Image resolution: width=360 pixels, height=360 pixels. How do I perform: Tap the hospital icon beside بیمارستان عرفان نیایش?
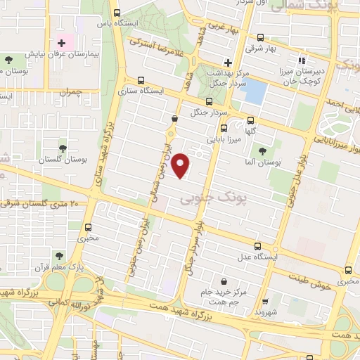coord(62,44)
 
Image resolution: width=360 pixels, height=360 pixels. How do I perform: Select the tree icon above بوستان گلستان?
coord(63,148)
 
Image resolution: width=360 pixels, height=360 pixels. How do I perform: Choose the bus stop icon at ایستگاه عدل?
coord(258,247)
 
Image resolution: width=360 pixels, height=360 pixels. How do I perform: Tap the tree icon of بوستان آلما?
coord(262,150)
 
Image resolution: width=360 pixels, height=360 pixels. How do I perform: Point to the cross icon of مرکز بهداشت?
coord(227,62)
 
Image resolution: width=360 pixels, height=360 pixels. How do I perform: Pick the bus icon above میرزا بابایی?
coord(224,128)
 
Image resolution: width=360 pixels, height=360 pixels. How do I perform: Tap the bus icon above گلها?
coord(251,120)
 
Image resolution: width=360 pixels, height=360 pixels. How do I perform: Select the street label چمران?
coord(72,92)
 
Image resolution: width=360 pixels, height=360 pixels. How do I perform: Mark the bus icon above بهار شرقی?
coord(261,38)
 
